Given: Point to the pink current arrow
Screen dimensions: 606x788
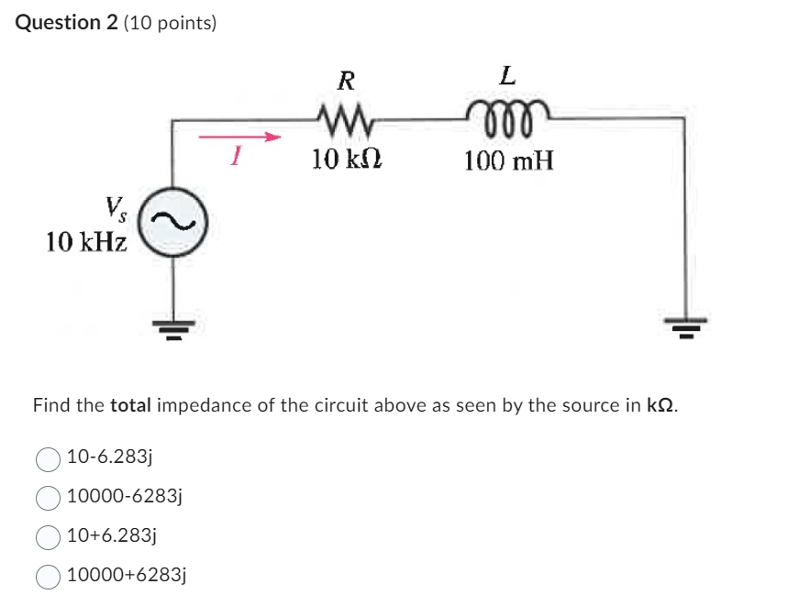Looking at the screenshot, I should tap(239, 138).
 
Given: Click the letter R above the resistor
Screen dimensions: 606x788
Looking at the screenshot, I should tap(346, 81).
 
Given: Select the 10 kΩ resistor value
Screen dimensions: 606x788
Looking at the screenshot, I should tap(347, 160).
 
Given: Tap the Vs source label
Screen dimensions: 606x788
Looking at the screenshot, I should tap(116, 206).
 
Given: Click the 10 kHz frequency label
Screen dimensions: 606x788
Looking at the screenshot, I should tap(87, 242).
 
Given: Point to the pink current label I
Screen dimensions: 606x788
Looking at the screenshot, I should tap(236, 158).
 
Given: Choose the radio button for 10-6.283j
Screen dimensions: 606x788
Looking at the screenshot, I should tap(48, 457).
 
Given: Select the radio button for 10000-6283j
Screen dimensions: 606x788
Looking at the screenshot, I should tap(48, 497).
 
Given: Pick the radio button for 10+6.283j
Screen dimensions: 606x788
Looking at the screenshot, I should tap(48, 536).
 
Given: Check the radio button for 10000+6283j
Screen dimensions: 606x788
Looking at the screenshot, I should tap(48, 576).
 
